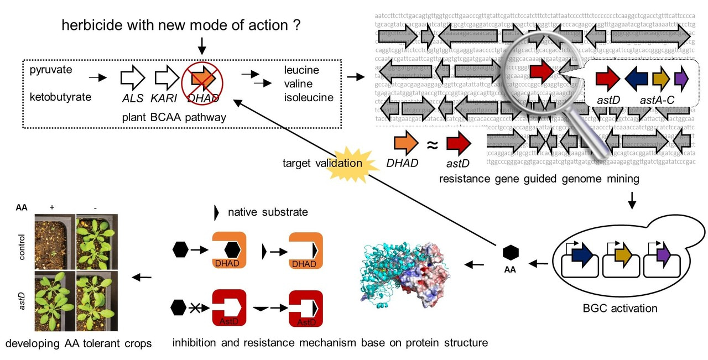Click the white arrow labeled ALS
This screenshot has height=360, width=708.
[x=132, y=79]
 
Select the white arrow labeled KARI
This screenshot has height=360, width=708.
[x=165, y=79]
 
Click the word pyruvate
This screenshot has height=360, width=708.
[x=51, y=70]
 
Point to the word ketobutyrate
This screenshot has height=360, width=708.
[x=60, y=97]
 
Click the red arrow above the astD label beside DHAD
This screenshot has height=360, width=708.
[x=459, y=143]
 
